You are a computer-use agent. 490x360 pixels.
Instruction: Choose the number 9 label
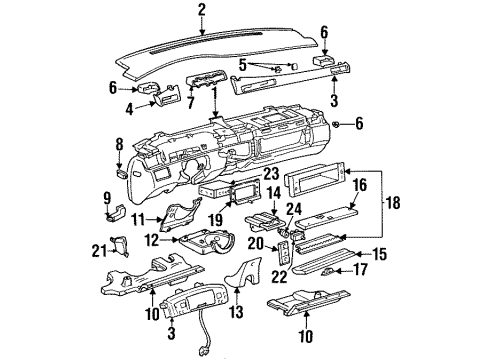coord(107,196)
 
